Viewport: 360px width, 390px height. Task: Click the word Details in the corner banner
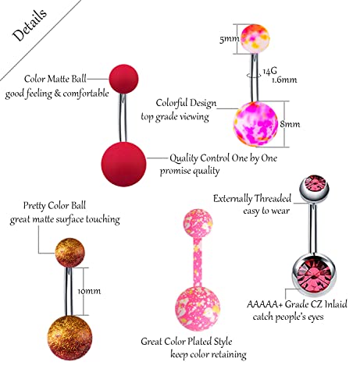pos(30,25)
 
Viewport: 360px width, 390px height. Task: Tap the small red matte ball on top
pos(123,79)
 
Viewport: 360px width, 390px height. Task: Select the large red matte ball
pos(123,164)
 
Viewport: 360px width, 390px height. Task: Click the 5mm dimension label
pos(229,39)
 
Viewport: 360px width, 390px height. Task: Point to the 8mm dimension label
pos(290,124)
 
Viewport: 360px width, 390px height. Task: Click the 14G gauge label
pos(269,71)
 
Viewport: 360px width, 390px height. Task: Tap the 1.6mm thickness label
pos(284,80)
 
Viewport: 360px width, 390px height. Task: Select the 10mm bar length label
pos(89,291)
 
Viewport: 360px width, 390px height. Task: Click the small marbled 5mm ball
pos(255,38)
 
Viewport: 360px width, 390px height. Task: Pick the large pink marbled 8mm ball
pos(255,124)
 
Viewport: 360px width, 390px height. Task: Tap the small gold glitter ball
pos(70,252)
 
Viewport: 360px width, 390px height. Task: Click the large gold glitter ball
pos(70,338)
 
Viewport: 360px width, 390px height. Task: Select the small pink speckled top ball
pos(198,223)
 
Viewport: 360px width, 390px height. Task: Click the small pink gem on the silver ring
pos(315,183)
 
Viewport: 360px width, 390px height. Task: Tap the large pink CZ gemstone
pos(315,275)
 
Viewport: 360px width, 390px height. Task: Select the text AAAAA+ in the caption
pos(264,304)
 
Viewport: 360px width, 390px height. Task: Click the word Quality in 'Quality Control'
pos(184,158)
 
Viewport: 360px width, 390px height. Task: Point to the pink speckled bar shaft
pos(198,263)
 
